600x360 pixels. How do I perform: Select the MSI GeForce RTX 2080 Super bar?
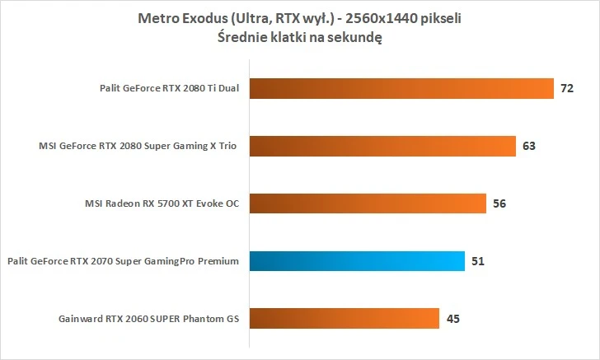tap(382, 146)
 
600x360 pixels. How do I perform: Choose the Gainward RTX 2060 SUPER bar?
tap(343, 318)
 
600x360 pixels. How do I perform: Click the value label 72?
tap(567, 88)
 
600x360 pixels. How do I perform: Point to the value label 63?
tap(529, 146)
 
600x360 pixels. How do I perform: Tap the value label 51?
tap(478, 261)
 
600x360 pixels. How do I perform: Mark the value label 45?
tap(452, 318)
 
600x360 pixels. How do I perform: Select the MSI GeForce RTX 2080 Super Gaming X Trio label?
tap(138, 146)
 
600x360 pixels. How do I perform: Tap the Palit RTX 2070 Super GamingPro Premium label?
tap(123, 261)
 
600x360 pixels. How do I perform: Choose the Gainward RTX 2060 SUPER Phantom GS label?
tap(149, 318)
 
